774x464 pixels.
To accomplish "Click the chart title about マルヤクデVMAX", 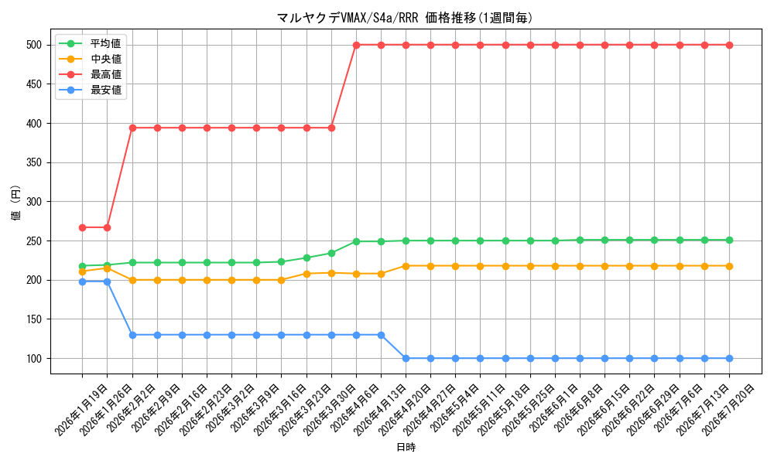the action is click(405, 19).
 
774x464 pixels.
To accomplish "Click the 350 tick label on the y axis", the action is click(34, 162).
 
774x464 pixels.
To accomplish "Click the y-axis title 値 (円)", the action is click(16, 202).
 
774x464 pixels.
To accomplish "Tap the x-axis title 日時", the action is click(406, 447).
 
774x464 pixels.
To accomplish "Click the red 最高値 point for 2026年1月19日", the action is click(83, 228).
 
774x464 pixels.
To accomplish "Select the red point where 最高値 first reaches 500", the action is click(356, 45).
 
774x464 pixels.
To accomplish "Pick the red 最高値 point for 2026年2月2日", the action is click(132, 128).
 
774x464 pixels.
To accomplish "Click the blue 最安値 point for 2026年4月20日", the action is click(406, 359).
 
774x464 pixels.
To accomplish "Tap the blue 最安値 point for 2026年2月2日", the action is click(132, 335).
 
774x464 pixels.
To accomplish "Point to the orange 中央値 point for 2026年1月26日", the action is click(107, 268).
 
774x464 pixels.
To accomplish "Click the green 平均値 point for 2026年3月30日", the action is click(331, 253).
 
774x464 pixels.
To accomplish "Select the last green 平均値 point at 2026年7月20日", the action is click(730, 241).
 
